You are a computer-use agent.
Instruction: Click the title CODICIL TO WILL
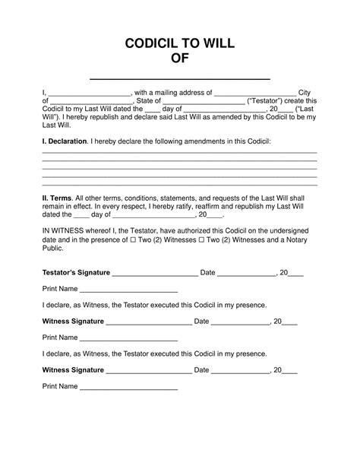point(179,44)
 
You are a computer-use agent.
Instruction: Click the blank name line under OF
point(180,78)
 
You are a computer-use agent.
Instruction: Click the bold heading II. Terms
point(57,196)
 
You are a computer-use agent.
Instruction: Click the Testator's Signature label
point(76,272)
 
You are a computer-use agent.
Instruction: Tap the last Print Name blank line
point(128,389)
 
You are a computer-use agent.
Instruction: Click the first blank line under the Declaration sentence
point(179,153)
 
